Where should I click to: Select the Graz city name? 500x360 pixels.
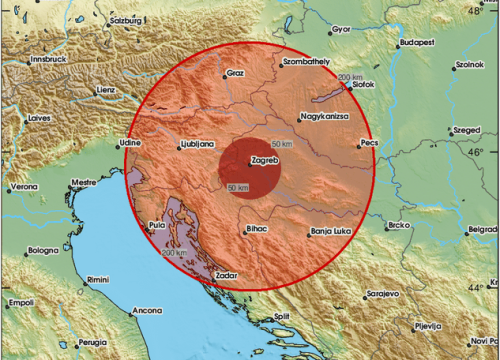tap(236, 73)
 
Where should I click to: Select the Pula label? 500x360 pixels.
tap(157, 227)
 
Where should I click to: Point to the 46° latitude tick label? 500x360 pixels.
tap(478, 152)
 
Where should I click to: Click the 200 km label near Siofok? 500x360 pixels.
tap(350, 78)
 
